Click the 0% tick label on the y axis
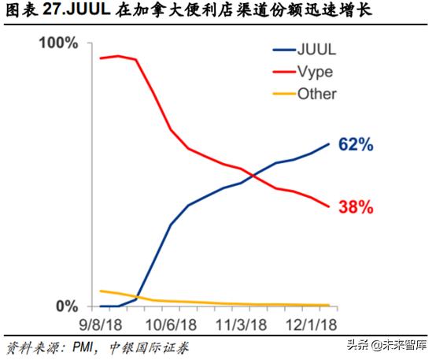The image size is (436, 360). (68, 305)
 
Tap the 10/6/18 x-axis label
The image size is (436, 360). (169, 324)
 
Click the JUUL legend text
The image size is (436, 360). (314, 50)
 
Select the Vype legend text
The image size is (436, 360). (314, 72)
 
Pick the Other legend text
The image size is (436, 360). (316, 94)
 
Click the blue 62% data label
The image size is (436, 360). (355, 145)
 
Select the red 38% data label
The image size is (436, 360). (355, 208)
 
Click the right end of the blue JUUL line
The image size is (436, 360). (329, 143)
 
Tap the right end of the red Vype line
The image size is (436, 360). (329, 207)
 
